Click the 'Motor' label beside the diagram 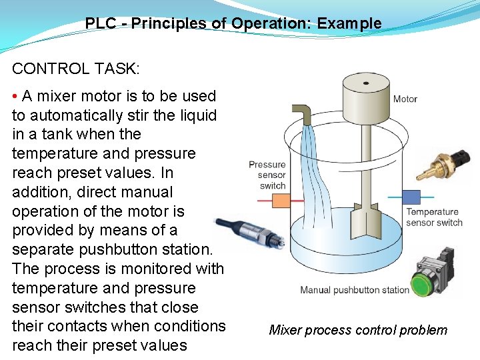point(405,99)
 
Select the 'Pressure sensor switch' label point(267,175)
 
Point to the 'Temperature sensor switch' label point(433,217)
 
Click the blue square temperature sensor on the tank point(413,198)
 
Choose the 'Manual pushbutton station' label point(354,290)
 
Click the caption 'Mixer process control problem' point(358,330)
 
